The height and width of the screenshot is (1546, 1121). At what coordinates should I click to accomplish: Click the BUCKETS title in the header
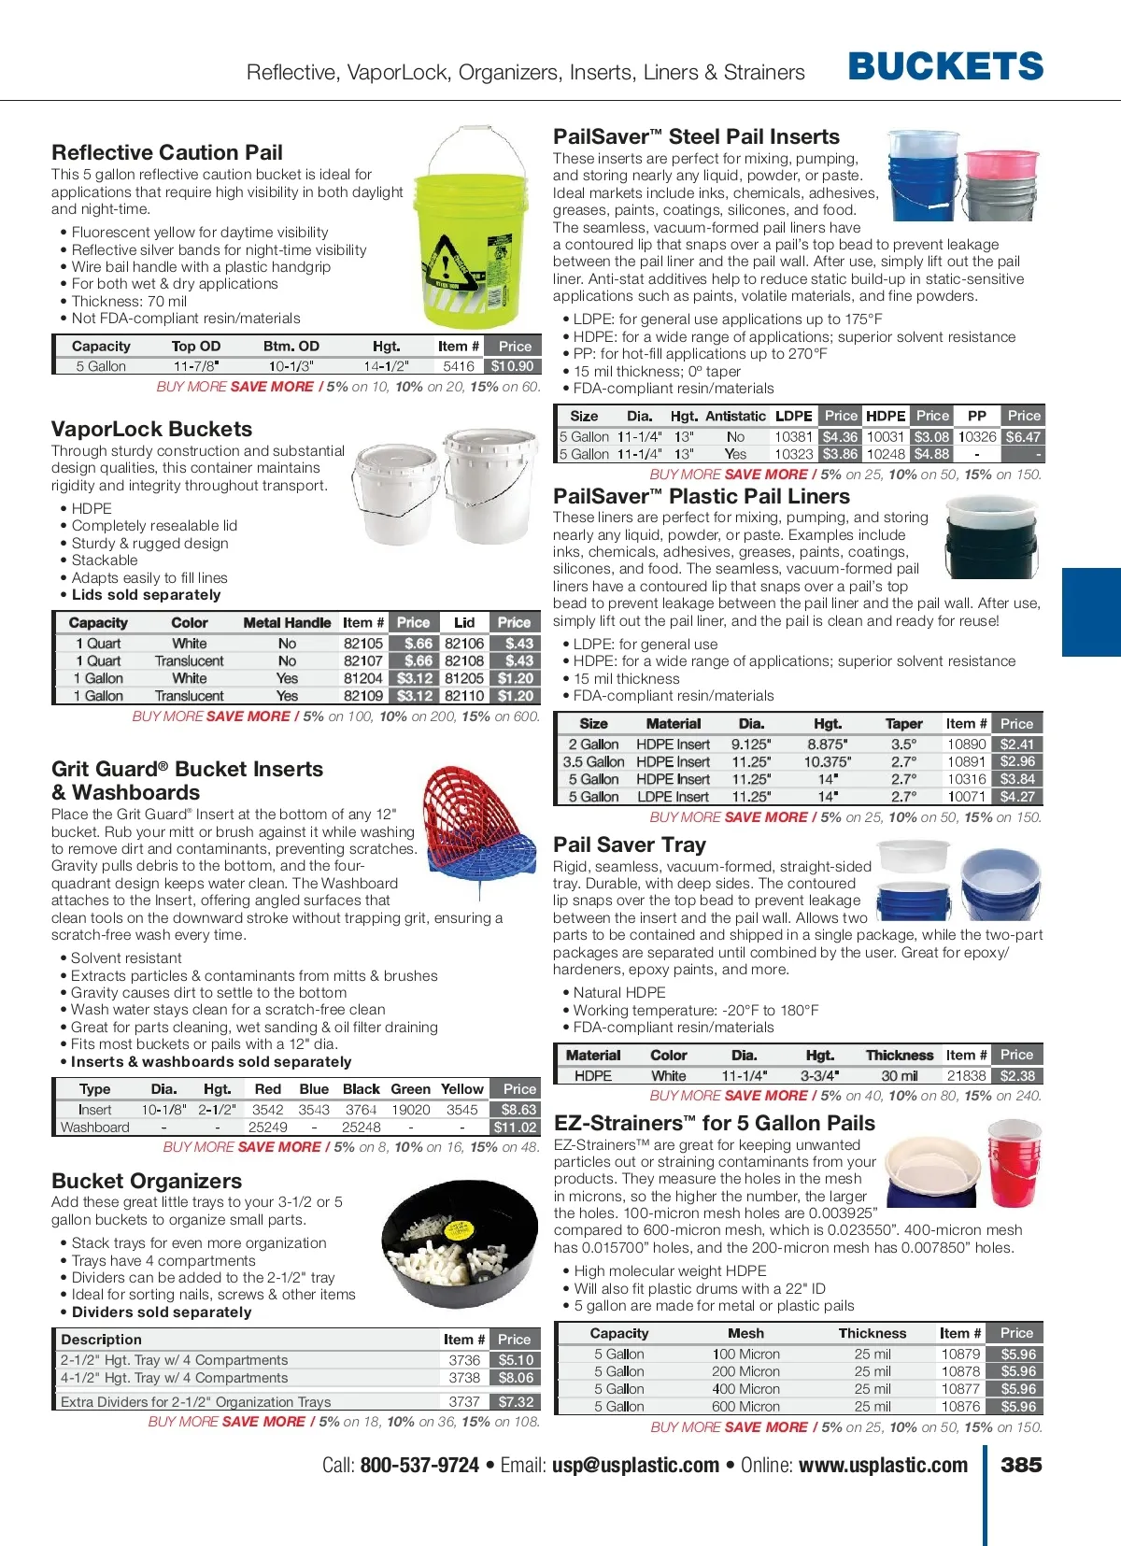coord(945,66)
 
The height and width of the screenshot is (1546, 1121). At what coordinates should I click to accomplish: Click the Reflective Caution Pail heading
coord(167,152)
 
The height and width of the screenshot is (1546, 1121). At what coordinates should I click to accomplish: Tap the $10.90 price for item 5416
coord(513,366)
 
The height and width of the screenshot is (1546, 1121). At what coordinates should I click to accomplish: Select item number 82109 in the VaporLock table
coord(362,696)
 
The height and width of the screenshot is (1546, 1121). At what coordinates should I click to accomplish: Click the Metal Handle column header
coord(287,623)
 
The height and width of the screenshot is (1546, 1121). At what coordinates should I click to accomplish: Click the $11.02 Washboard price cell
coord(515,1128)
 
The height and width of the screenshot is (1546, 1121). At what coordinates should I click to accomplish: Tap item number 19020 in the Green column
coord(410,1110)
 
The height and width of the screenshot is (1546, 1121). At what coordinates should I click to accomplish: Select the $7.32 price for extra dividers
coord(515,1402)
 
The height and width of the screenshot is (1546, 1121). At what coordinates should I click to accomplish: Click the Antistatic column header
coord(735,417)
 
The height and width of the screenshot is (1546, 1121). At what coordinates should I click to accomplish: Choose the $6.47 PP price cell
coord(1022,437)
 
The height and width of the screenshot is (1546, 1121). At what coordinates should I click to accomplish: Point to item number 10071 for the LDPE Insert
coord(966,797)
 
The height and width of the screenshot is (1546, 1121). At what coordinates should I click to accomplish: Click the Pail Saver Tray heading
coord(630,845)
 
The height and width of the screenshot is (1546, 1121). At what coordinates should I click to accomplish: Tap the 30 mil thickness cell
coord(899,1076)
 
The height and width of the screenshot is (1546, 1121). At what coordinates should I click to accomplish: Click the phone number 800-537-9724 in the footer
coord(419,1466)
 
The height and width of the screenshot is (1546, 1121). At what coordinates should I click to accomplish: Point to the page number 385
coord(1021,1465)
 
